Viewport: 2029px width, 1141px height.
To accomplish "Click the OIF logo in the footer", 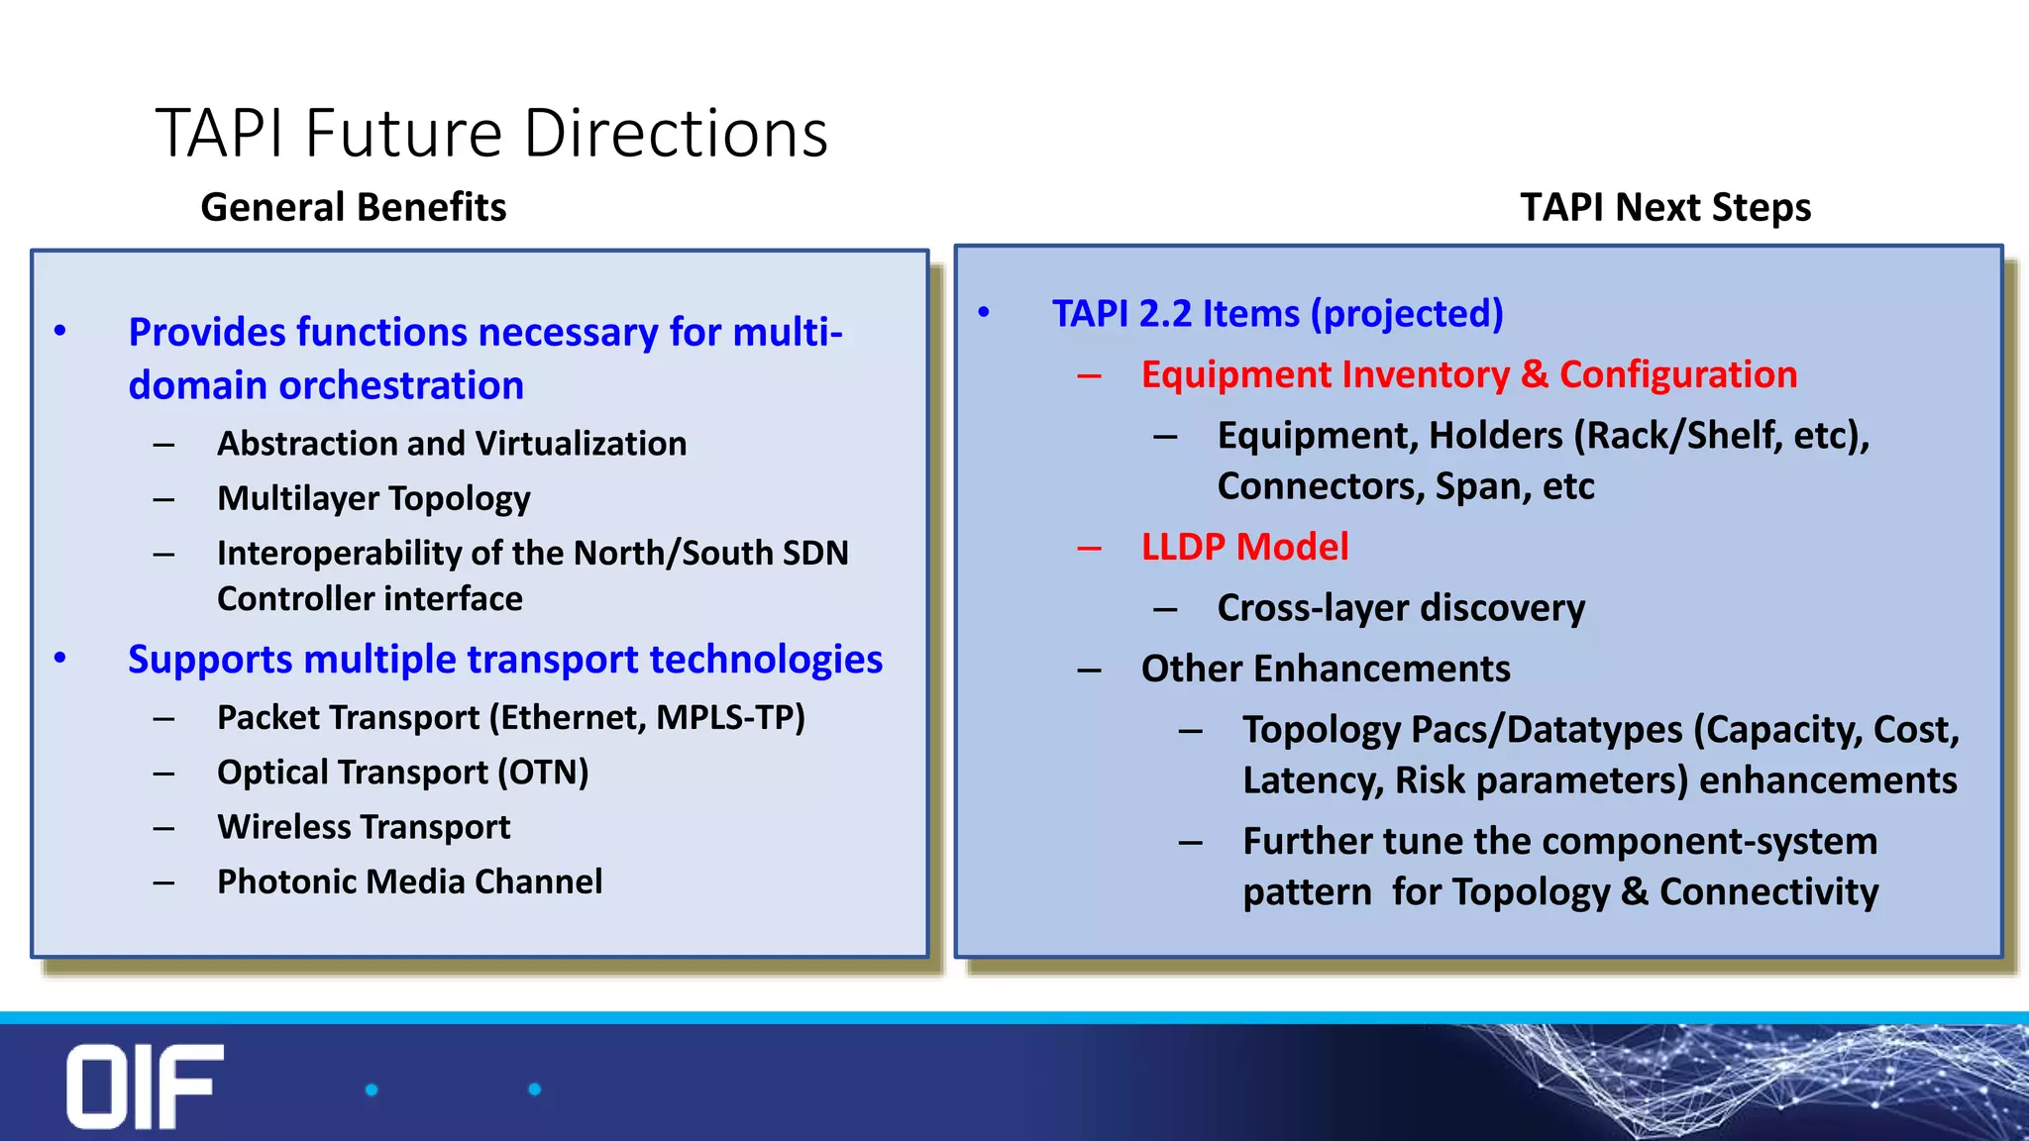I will [x=145, y=1086].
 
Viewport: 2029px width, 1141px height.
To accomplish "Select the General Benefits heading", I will [x=353, y=207].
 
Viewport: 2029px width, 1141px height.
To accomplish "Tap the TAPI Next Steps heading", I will [x=1665, y=207].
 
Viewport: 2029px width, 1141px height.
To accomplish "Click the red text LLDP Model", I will [x=1244, y=547].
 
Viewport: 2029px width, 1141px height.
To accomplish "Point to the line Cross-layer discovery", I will [x=1400, y=607].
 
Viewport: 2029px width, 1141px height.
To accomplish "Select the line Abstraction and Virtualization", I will [x=452, y=443].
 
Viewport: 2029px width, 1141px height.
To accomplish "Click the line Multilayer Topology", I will [x=374, y=497].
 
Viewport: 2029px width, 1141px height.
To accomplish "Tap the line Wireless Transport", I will [x=364, y=826].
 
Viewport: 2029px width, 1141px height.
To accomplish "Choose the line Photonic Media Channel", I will [x=409, y=881].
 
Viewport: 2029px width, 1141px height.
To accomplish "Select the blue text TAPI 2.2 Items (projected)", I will [x=1277, y=313].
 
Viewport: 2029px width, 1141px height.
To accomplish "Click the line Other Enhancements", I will [x=1326, y=669].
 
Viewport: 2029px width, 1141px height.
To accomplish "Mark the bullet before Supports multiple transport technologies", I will [x=60, y=658].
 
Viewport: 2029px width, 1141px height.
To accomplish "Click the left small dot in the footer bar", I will [x=372, y=1089].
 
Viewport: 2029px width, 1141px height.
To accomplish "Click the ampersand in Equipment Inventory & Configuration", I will [x=1534, y=374].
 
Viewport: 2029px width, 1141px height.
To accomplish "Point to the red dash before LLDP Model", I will [x=1089, y=548].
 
